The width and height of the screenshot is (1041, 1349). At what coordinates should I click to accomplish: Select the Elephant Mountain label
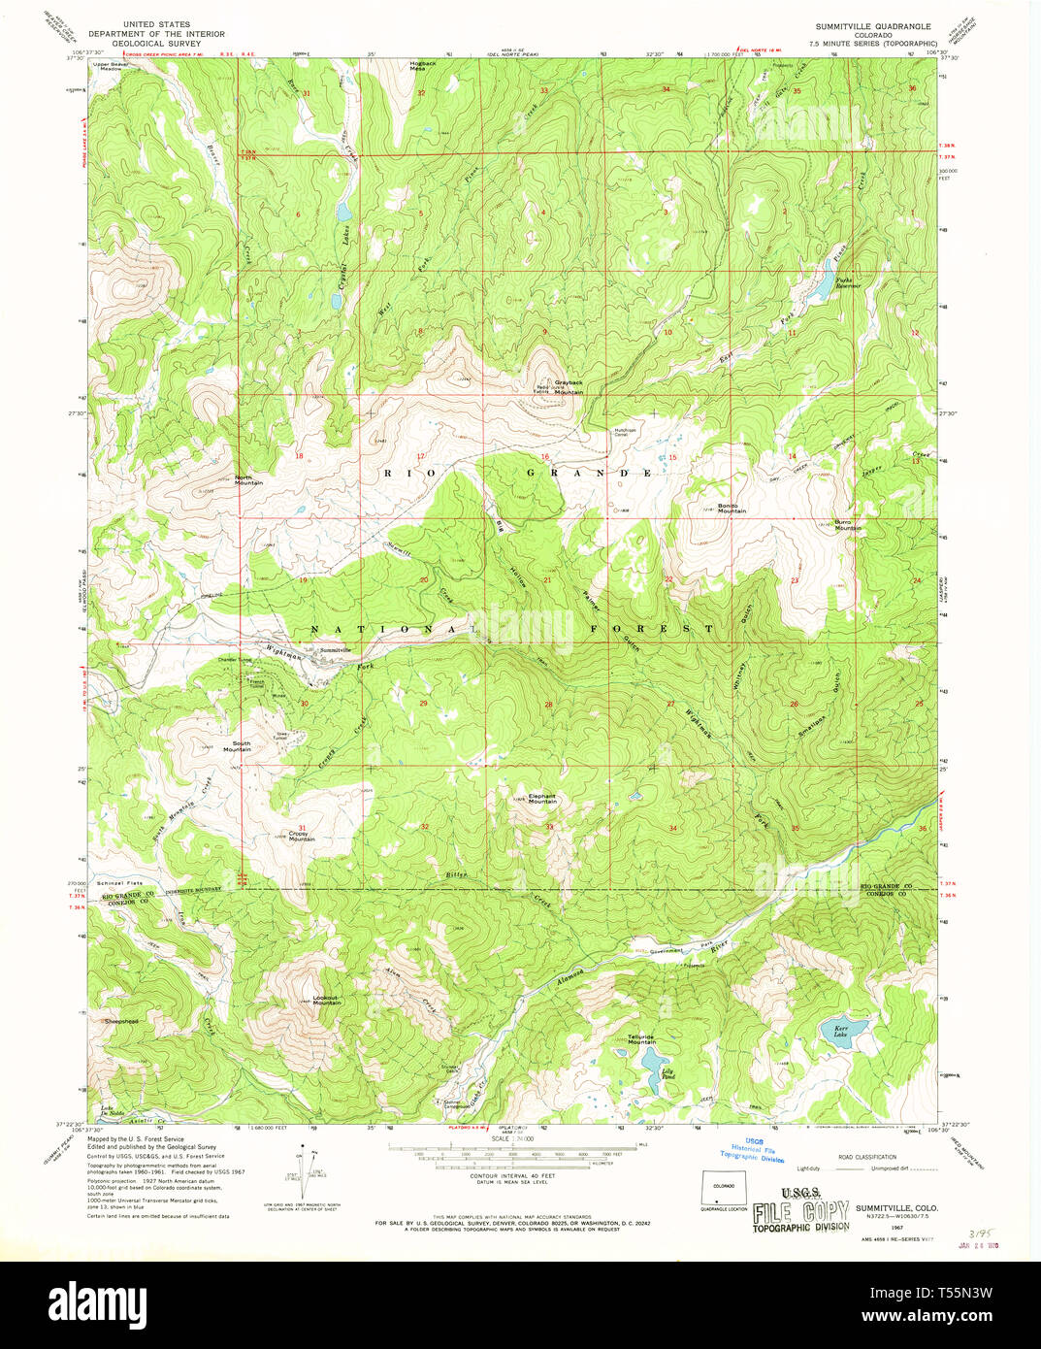tap(542, 799)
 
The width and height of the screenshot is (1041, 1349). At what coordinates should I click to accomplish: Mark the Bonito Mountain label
tap(732, 508)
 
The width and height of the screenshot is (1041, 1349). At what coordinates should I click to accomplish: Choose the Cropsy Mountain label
tap(302, 835)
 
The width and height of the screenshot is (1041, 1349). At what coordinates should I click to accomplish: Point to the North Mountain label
tap(248, 479)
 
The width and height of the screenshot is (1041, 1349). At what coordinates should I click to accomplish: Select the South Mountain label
tap(237, 746)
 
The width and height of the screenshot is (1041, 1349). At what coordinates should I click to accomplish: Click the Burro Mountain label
tap(848, 526)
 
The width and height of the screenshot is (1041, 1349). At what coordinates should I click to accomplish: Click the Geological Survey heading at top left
tap(156, 43)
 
